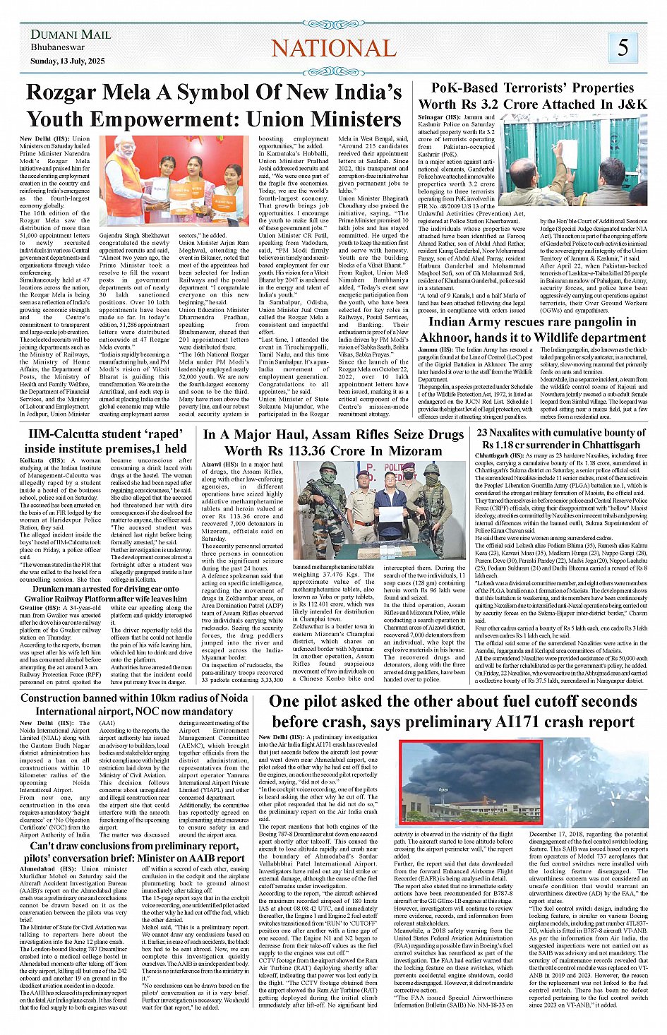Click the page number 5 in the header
623,47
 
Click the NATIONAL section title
334,48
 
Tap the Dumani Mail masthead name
71,35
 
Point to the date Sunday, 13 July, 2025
67,61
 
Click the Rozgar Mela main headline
214,105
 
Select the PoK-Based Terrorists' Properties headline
532,95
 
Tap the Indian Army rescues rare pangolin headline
532,330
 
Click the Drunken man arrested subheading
107,594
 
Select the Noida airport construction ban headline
134,705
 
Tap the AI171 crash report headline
453,711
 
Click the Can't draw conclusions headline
134,851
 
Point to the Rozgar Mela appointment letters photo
174,181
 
